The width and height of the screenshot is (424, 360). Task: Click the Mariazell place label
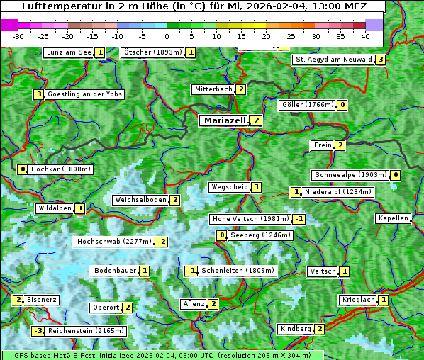pyautogui.click(x=225, y=120)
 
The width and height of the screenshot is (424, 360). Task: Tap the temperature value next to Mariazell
pyautogui.click(x=256, y=120)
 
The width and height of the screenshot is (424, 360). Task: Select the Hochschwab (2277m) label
pyautogui.click(x=114, y=242)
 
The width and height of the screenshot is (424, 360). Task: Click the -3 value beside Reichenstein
pyautogui.click(x=38, y=331)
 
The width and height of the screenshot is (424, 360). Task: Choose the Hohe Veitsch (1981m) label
pyautogui.click(x=251, y=219)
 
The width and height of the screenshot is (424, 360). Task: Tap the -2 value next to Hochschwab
pyautogui.click(x=162, y=242)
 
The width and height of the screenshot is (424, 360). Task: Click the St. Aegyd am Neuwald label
pyautogui.click(x=333, y=60)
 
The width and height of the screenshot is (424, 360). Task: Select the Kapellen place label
pyautogui.click(x=393, y=218)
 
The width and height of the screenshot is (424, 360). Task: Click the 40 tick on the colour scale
pyautogui.click(x=365, y=35)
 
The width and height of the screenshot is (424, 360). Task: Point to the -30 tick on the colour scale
pyautogui.click(x=18, y=35)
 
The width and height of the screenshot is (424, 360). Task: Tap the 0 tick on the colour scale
pyautogui.click(x=167, y=35)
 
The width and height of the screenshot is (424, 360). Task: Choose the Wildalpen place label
pyautogui.click(x=55, y=208)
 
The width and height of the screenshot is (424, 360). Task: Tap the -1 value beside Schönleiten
pyautogui.click(x=190, y=271)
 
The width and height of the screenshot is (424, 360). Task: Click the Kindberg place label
pyautogui.click(x=296, y=329)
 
